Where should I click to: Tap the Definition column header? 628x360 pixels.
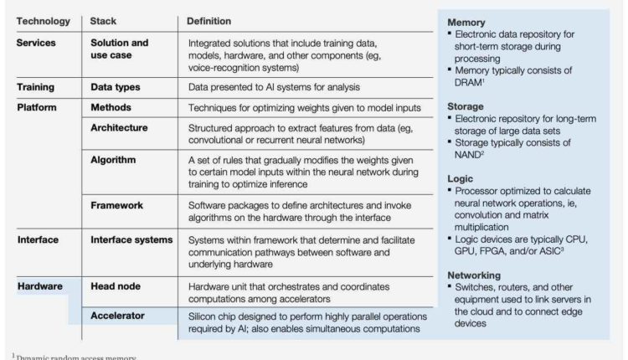point(208,19)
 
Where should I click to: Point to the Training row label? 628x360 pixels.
point(39,85)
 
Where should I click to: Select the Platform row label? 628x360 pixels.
point(39,107)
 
